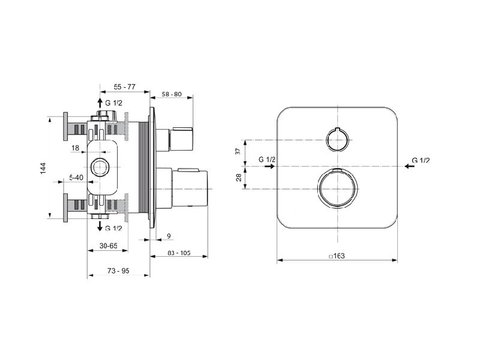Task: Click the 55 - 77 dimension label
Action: coord(125,87)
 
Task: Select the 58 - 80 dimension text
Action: coord(172,94)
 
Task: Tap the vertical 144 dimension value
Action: coord(43,169)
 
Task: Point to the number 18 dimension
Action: coord(76,148)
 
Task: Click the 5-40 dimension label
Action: coord(76,178)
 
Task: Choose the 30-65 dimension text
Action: coord(109,245)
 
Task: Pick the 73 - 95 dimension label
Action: coord(118,271)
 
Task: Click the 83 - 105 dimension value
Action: coord(179,253)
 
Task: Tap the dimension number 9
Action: coord(169,236)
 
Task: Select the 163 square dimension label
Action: coord(337,256)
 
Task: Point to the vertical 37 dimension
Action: coord(238,151)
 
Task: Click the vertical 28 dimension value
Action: coord(238,178)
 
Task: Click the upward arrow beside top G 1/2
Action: coord(100,103)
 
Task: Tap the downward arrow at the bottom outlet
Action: coord(100,226)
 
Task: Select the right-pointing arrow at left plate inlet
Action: coord(269,166)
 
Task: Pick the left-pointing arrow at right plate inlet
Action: coord(409,166)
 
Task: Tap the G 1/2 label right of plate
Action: coord(421,160)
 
